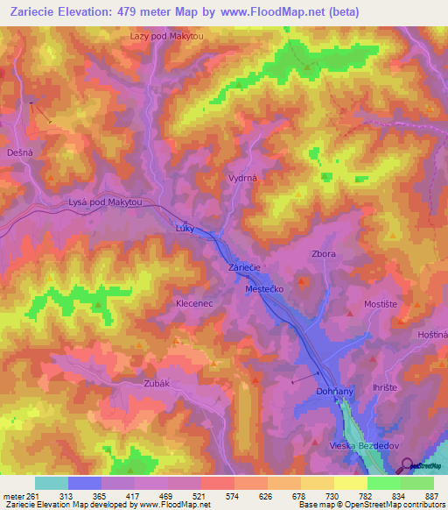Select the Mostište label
pyautogui.click(x=381, y=304)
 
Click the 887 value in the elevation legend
pyautogui.click(x=430, y=495)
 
